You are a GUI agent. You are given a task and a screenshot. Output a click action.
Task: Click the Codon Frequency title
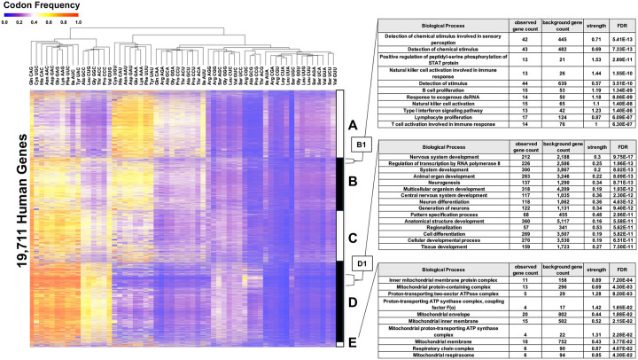[x=43, y=6]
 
